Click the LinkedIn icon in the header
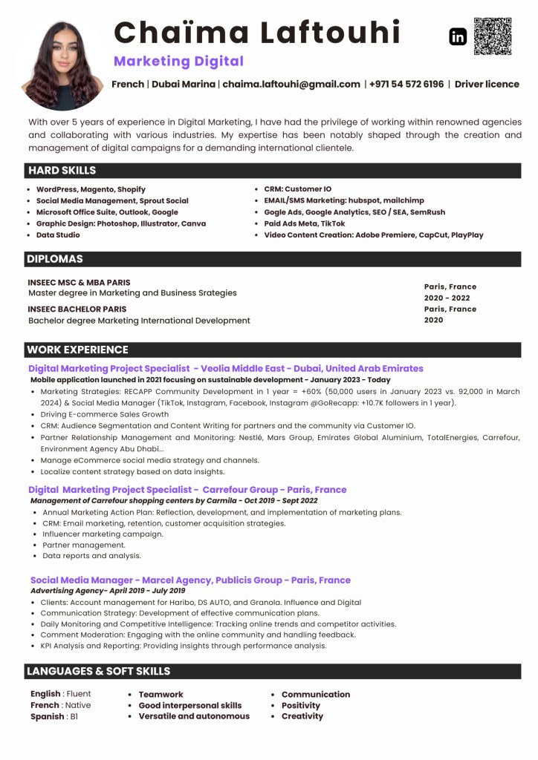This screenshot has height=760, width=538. point(458,36)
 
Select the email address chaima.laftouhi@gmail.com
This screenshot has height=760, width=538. point(291,85)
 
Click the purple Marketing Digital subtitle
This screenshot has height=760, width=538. point(178,61)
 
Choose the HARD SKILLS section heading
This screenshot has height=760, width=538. point(62,171)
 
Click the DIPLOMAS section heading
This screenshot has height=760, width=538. point(55,259)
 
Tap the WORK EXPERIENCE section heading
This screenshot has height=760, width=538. point(77,350)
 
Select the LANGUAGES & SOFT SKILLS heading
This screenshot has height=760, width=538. point(99,671)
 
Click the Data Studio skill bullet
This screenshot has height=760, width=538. point(58,235)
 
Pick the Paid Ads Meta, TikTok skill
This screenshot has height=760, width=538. point(305,223)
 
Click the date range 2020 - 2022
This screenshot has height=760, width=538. point(447,298)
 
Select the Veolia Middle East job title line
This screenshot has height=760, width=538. point(226,368)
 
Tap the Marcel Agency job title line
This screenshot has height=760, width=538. point(190,580)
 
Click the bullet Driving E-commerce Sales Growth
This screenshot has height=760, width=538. point(105,414)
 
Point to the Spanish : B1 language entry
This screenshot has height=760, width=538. point(54,716)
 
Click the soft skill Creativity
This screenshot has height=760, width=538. point(302,716)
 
